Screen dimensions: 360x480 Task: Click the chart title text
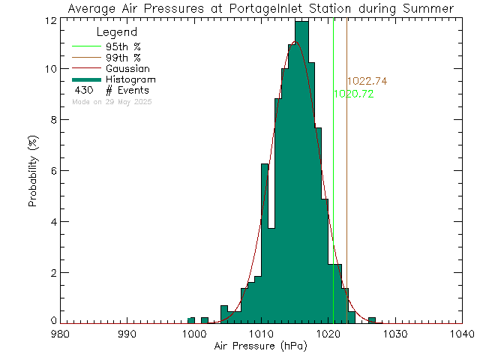259,8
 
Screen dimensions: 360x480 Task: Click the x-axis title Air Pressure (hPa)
260,346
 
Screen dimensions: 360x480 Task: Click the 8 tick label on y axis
50,119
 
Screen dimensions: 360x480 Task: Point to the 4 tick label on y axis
50,221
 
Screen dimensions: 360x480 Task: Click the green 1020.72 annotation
353,94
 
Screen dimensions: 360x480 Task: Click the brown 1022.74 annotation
367,81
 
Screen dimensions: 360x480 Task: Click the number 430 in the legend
83,90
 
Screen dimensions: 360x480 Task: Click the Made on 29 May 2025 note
113,101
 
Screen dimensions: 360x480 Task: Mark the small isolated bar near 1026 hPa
372,320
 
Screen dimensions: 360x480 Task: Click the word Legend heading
118,33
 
